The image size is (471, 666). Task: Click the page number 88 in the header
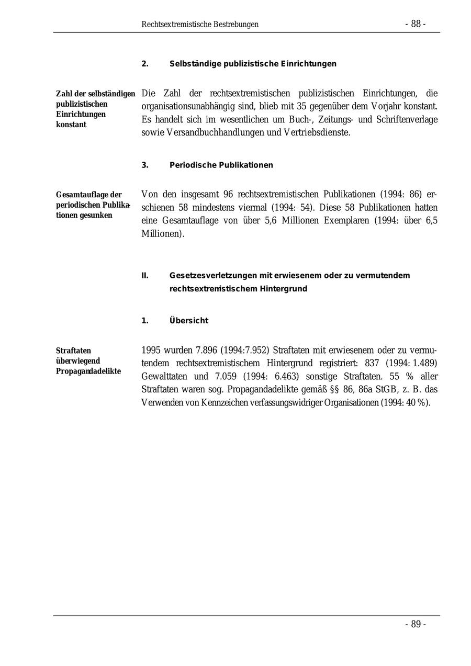(x=416, y=24)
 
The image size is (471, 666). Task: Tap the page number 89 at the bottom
(x=416, y=624)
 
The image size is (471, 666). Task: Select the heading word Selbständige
(x=195, y=64)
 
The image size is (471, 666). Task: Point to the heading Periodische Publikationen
(x=221, y=165)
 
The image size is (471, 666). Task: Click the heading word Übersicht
(x=188, y=321)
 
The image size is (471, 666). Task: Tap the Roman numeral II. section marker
(x=145, y=276)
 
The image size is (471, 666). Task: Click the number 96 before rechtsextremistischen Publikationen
(x=228, y=195)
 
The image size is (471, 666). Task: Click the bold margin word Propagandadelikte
(x=88, y=371)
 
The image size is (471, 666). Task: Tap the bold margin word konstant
(x=71, y=125)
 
